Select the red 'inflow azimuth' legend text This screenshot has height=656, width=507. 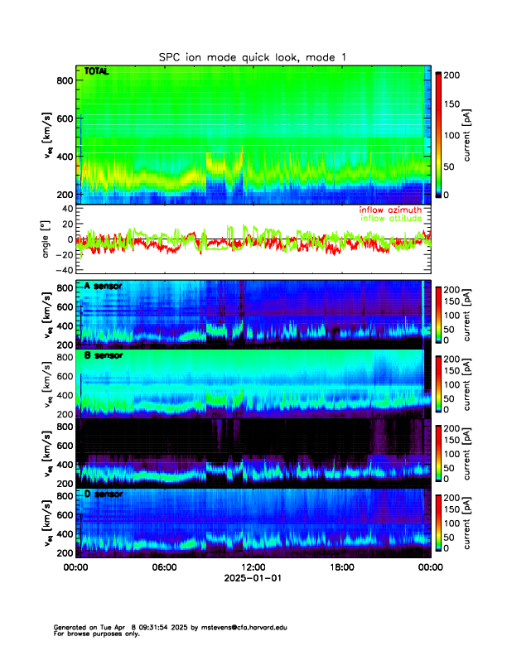point(390,210)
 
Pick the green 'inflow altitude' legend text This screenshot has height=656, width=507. point(390,218)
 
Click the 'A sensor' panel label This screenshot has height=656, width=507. point(103,287)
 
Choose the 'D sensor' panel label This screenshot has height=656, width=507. point(103,494)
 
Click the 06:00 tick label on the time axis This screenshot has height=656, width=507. point(164,568)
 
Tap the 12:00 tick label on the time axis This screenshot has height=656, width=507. point(253,568)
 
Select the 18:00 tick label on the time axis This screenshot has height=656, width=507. point(341,568)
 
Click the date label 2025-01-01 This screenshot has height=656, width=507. point(253,579)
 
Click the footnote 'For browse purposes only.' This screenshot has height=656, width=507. point(94,634)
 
